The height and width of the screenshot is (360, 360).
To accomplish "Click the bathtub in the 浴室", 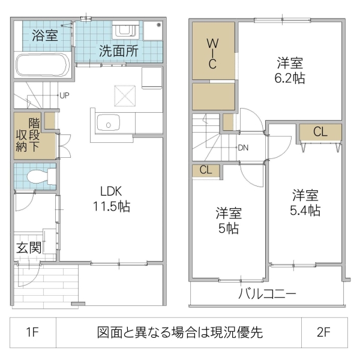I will pyautogui.click(x=43, y=65).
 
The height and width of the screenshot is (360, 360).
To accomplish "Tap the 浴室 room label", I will pyautogui.click(x=44, y=35).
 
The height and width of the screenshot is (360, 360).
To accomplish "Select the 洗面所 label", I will pyautogui.click(x=119, y=51).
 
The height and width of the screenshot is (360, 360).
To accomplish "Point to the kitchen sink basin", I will pyautogui.click(x=109, y=124).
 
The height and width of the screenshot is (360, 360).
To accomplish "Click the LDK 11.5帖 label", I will pyautogui.click(x=111, y=199).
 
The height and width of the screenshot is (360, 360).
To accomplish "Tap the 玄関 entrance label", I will pyautogui.click(x=28, y=247).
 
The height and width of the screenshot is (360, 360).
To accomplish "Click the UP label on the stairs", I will pyautogui.click(x=64, y=95).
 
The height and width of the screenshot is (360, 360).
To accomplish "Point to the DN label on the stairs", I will pyautogui.click(x=243, y=147).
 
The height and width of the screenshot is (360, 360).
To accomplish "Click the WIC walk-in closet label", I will pyautogui.click(x=212, y=53).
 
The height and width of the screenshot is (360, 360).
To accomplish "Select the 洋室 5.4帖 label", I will pyautogui.click(x=305, y=203).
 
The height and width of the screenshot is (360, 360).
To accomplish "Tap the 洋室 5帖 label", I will pyautogui.click(x=229, y=221).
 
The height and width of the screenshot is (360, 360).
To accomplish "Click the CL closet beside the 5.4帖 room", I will pyautogui.click(x=320, y=131).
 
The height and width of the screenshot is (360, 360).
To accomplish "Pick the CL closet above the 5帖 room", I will pyautogui.click(x=206, y=170).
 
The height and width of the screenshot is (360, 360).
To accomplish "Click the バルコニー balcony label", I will pyautogui.click(x=267, y=294).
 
